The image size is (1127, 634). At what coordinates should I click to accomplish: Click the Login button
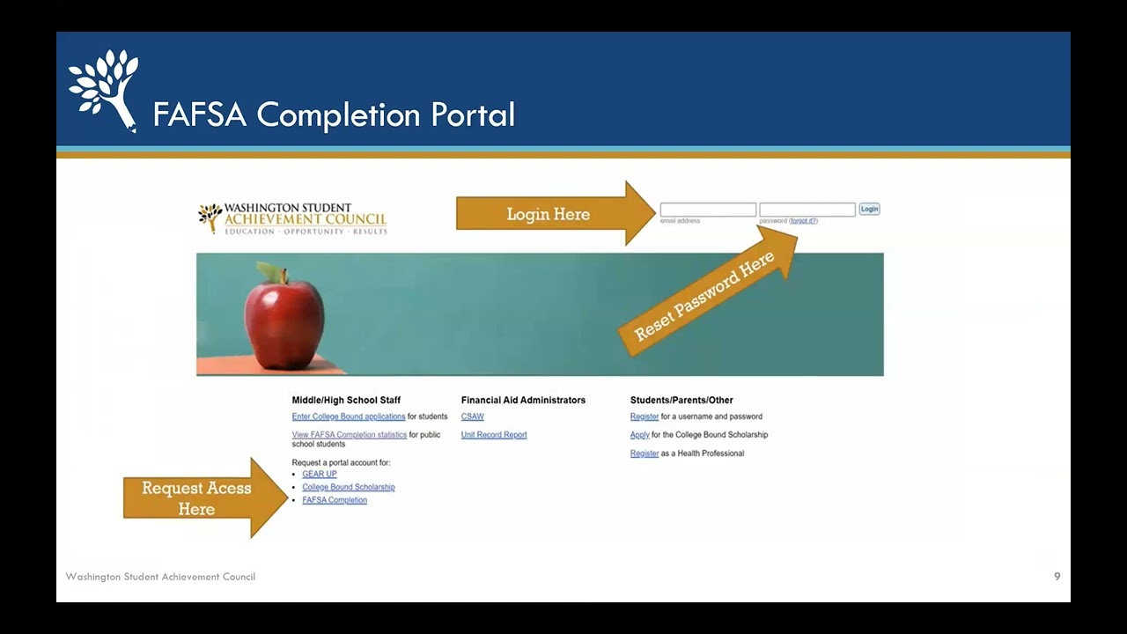869,210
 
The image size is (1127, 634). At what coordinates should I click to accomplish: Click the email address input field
708,210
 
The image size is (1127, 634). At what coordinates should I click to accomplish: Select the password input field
807,210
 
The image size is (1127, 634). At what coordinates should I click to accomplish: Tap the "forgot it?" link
803,221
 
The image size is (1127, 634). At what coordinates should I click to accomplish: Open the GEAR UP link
320,474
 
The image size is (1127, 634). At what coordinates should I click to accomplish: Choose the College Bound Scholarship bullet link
349,487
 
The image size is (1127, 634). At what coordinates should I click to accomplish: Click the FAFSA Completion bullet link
335,500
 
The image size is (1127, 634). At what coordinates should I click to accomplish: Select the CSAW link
473,417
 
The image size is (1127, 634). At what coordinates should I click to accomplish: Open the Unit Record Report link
494,435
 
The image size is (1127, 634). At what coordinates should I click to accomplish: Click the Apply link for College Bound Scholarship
640,435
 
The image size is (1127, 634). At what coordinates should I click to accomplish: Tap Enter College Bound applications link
349,417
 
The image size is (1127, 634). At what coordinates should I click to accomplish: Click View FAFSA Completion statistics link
350,435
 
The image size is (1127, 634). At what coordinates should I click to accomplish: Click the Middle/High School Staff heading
346,400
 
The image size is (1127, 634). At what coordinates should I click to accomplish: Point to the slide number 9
1057,577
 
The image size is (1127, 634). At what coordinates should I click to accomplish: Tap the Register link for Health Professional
645,453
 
